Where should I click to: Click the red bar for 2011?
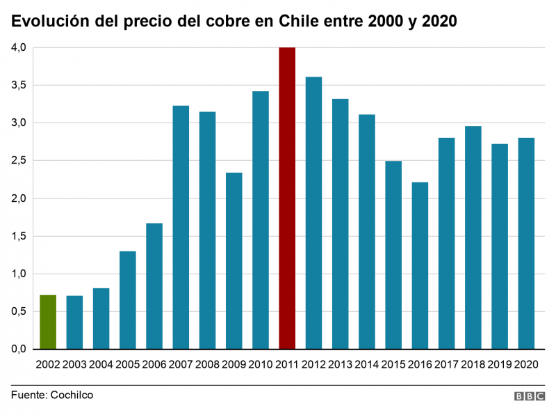click(x=287, y=198)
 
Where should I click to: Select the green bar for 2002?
click(x=48, y=322)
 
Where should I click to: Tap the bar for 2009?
click(x=234, y=260)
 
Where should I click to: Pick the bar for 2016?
click(x=420, y=265)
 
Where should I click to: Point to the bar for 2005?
click(x=127, y=299)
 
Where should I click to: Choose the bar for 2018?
click(x=473, y=237)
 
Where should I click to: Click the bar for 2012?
click(x=313, y=212)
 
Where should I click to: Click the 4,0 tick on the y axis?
click(x=18, y=47)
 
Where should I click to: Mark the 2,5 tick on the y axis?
click(x=18, y=161)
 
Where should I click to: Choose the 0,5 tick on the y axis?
click(x=18, y=311)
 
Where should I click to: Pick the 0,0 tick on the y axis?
click(x=18, y=349)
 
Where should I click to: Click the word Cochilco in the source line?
click(x=71, y=395)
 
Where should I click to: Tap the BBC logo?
click(x=530, y=396)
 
